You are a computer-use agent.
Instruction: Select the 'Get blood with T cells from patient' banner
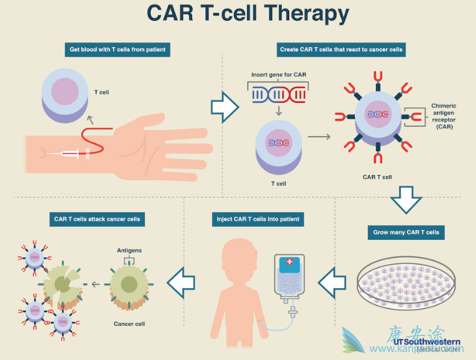click(119, 49)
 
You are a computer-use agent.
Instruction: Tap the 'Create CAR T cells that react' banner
click(341, 49)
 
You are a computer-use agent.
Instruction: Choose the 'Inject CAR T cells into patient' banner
click(257, 219)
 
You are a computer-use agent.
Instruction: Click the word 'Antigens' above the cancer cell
click(129, 250)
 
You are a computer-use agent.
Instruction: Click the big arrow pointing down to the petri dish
click(406, 199)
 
